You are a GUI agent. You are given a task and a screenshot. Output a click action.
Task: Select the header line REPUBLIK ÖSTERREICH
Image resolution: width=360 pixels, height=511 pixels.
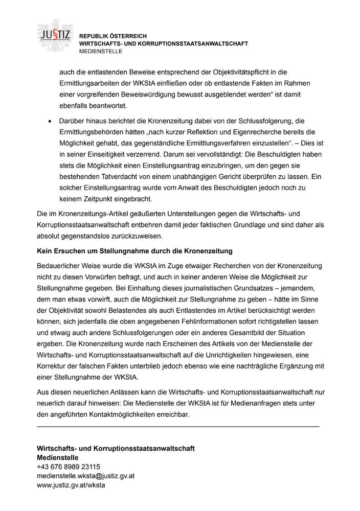[x=112, y=36]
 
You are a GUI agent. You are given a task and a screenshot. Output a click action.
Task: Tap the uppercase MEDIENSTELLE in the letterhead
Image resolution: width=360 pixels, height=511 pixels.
[x=101, y=52]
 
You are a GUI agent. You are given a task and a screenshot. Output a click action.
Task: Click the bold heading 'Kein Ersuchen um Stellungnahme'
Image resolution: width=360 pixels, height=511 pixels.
[x=135, y=251]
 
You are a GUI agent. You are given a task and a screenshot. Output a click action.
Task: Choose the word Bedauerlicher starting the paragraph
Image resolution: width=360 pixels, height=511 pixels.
[x=60, y=267]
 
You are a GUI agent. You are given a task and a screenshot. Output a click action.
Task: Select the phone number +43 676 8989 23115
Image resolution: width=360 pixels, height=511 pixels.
[x=69, y=467]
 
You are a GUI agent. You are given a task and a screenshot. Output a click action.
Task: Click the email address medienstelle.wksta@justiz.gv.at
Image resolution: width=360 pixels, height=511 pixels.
[x=85, y=476]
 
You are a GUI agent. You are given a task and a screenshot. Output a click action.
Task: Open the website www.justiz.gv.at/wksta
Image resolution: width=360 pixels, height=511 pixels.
[x=71, y=485]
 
